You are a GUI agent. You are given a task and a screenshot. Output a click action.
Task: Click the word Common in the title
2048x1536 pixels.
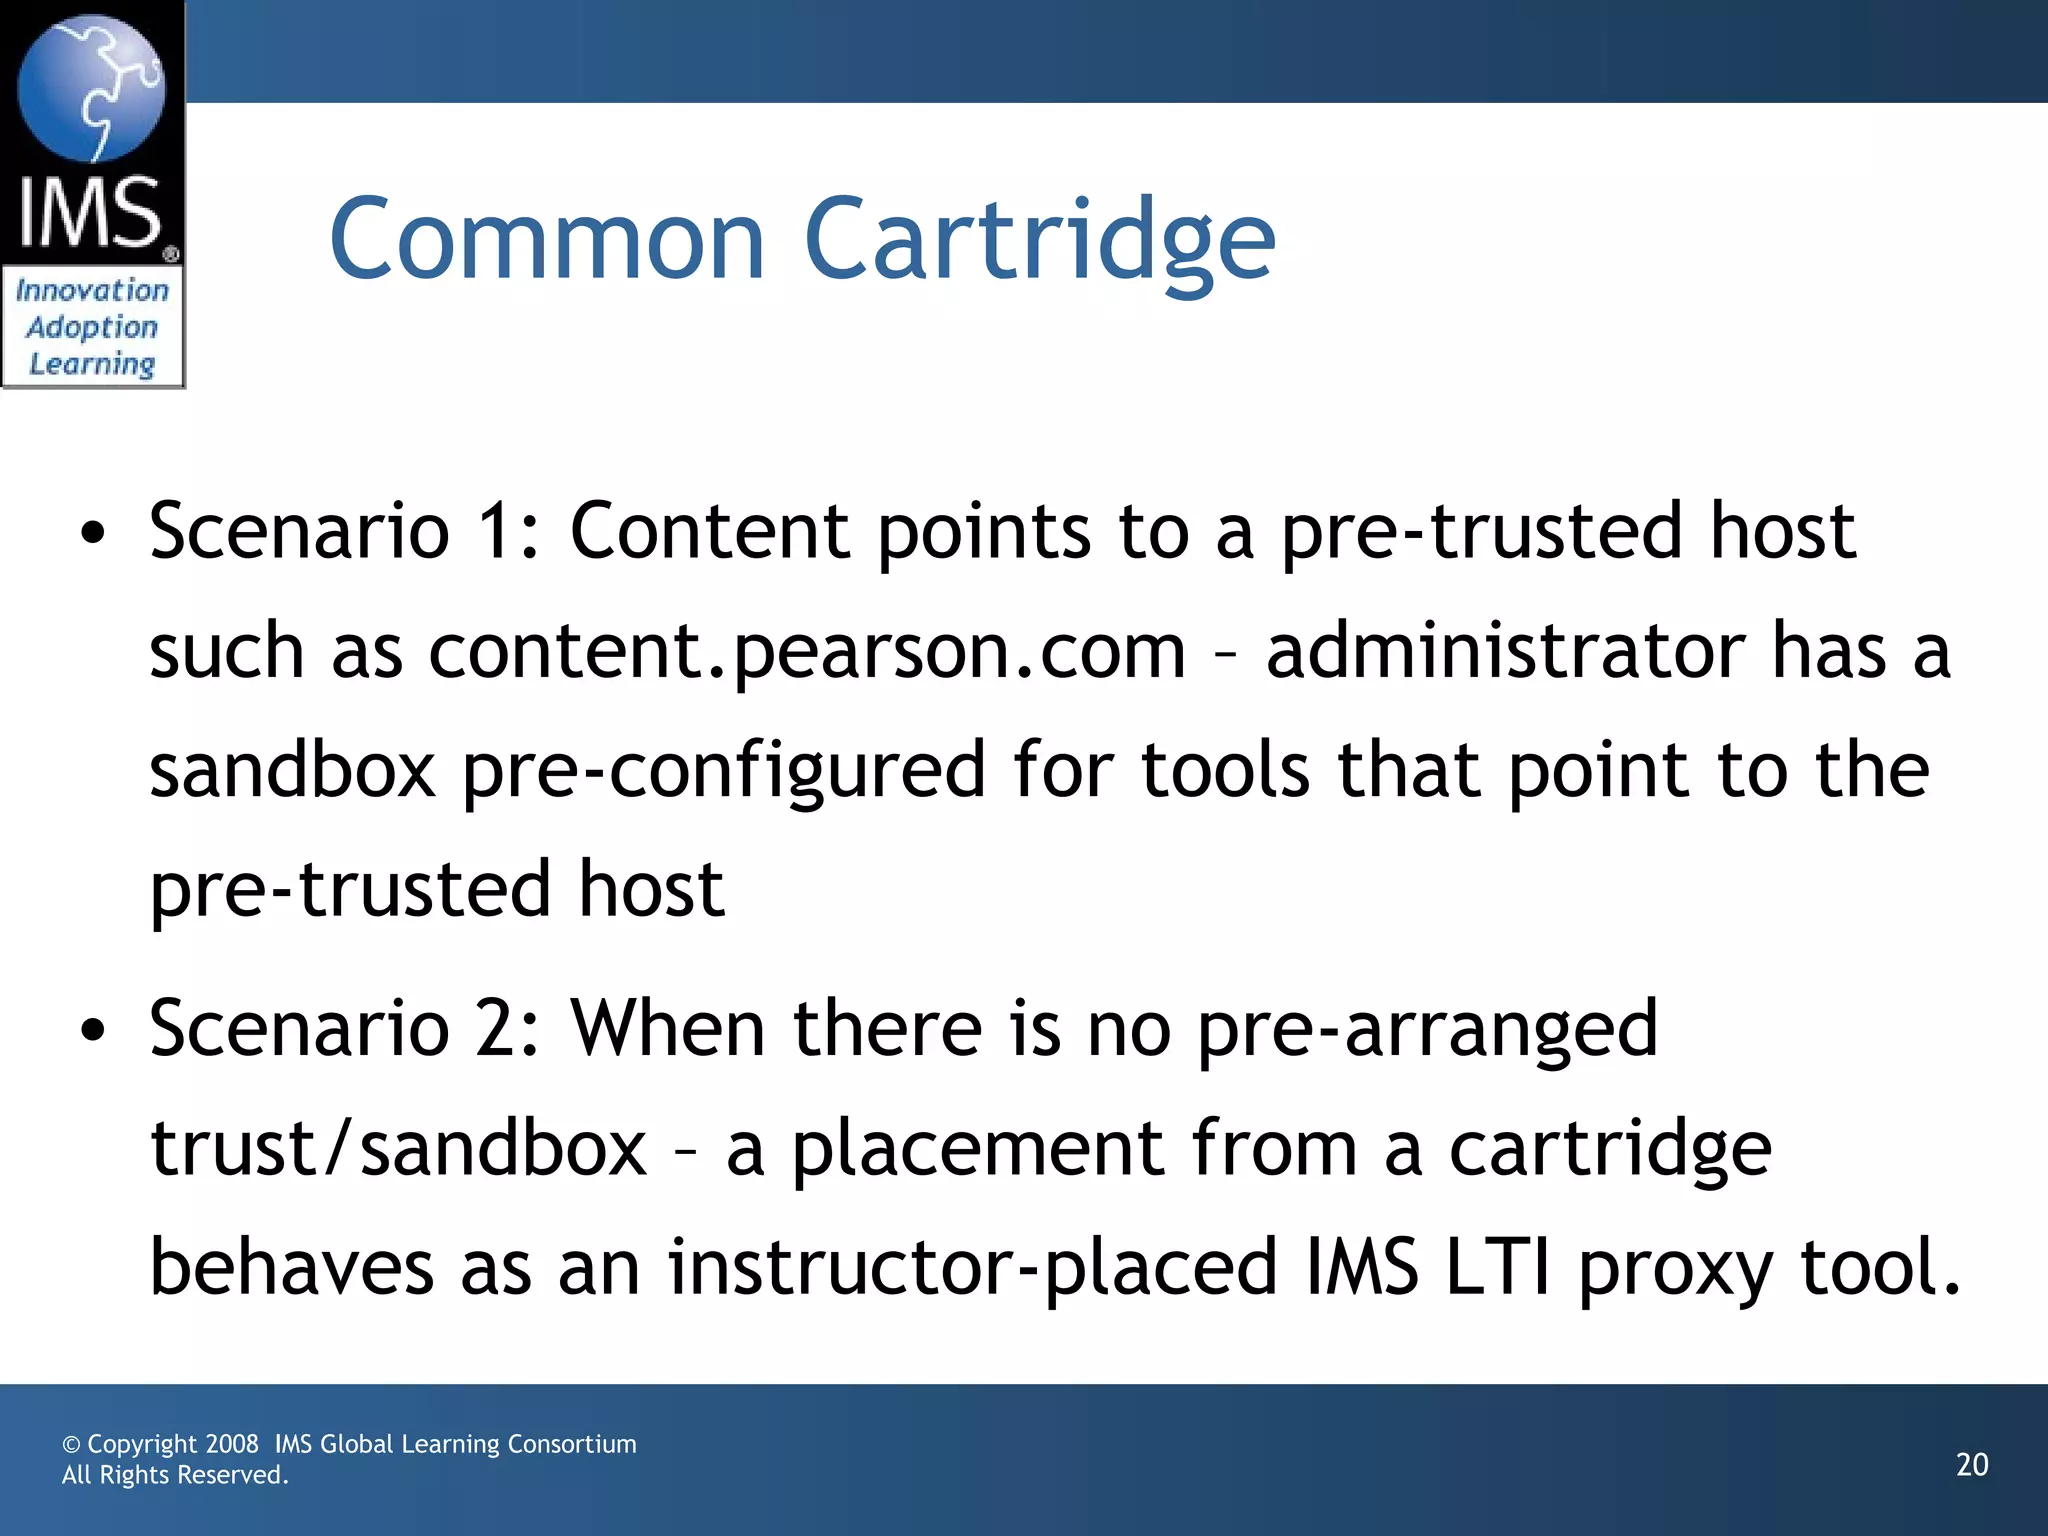tap(547, 240)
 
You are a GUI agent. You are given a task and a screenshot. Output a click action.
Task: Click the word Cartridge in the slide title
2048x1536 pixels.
tap(1040, 240)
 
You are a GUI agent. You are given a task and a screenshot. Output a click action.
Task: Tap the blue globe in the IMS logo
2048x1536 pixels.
tap(91, 88)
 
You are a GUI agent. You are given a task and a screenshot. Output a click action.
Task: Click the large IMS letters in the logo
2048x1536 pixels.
tap(90, 213)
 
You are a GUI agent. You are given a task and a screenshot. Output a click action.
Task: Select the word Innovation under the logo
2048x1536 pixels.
tap(92, 291)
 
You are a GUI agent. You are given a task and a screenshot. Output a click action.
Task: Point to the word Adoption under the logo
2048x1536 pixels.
tap(92, 328)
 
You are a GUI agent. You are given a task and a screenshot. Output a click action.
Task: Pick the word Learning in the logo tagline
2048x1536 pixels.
tap(92, 364)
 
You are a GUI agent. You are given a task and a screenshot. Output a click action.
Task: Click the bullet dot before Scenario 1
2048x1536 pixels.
tap(93, 534)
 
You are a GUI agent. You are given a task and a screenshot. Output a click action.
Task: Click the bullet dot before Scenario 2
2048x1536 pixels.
tap(93, 1031)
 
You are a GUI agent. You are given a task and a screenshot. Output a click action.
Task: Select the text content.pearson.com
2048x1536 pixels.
tap(806, 652)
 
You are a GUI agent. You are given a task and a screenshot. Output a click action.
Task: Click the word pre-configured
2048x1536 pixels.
tap(723, 772)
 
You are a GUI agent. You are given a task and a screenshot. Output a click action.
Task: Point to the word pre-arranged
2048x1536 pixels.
tap(1427, 1030)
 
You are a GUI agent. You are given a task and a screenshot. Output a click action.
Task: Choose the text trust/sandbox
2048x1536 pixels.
tap(398, 1149)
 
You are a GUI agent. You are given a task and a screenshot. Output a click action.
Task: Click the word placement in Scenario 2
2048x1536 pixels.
tap(978, 1149)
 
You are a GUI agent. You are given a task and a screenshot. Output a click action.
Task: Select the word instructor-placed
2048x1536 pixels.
tap(972, 1269)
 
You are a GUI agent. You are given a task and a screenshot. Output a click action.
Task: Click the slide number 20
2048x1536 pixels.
tap(1972, 1465)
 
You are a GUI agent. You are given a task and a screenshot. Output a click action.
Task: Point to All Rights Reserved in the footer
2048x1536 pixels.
tap(175, 1475)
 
